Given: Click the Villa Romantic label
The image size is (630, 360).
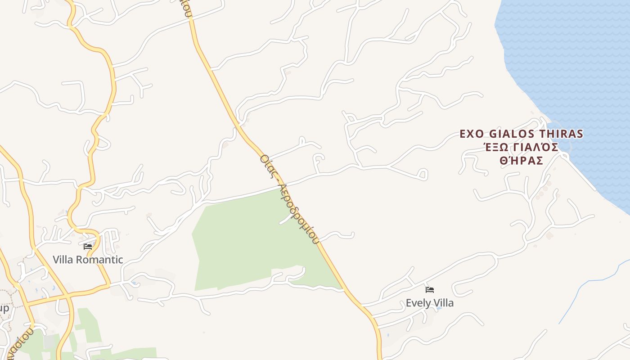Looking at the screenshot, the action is [88, 260].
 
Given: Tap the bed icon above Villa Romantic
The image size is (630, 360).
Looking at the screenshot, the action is [88, 247].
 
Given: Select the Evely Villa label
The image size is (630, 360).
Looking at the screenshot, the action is [430, 303].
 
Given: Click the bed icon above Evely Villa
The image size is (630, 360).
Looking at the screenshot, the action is [430, 290].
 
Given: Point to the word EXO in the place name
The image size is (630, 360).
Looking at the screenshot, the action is [472, 134].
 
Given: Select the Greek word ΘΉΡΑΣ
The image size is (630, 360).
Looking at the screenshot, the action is [522, 161].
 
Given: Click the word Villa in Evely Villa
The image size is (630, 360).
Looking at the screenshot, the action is [443, 303].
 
